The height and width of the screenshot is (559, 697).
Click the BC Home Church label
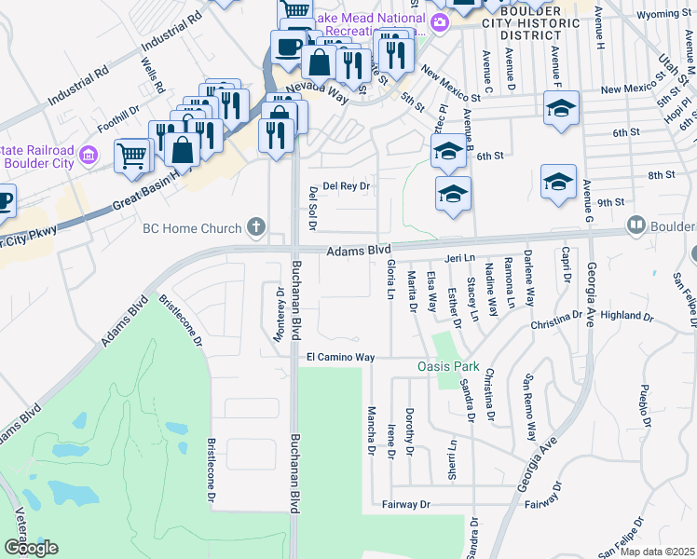pos(193,227)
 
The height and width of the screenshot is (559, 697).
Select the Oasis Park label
pos(447,366)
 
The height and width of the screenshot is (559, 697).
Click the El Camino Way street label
pos(340,357)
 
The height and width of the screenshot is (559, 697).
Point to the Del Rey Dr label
pos(346,186)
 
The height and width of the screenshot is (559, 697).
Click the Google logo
pos(31,548)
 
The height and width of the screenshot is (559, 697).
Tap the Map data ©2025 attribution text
pos(657,552)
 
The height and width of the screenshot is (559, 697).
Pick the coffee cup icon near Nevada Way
pos(288,46)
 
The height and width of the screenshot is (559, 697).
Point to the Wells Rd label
pos(152,76)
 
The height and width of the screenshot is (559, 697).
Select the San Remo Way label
pos(530,408)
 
